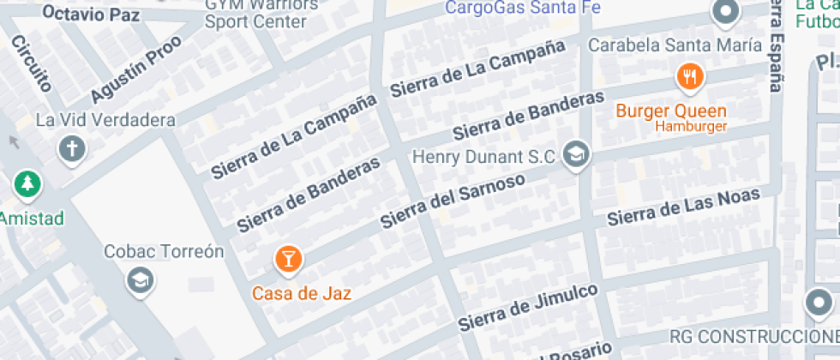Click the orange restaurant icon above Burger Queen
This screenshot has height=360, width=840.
point(690,78)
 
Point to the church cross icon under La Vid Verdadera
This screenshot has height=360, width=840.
point(72,150)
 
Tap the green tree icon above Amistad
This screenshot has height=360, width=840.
point(28,183)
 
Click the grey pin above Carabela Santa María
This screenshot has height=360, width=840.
point(726,12)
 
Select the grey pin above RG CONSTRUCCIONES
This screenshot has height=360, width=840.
point(821,303)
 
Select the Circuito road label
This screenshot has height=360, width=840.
point(32,63)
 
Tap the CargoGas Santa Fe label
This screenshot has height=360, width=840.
point(523,8)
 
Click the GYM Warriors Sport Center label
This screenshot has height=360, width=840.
point(261,12)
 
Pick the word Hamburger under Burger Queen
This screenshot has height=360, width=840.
point(691,127)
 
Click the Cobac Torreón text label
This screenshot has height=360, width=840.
point(164,252)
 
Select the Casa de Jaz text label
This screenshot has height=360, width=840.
point(302,292)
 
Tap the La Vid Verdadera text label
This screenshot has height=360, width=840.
point(105,120)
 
